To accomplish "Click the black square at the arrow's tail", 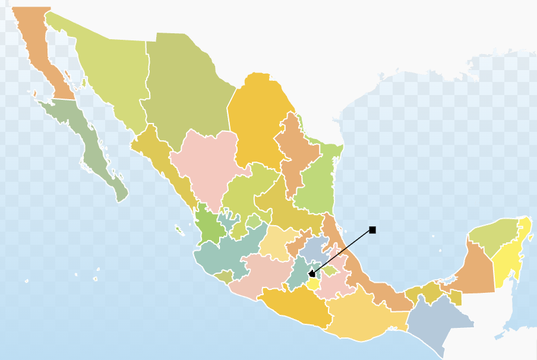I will (x=372, y=230).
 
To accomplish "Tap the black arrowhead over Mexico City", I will (x=311, y=274).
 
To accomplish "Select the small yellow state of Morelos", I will (x=314, y=284).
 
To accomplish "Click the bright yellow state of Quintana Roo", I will (x=509, y=261).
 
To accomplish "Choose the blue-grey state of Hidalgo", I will (x=315, y=250).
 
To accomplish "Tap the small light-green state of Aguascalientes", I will (x=254, y=221).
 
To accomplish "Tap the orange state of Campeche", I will (x=478, y=270).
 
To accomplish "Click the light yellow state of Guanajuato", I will (x=276, y=244).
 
